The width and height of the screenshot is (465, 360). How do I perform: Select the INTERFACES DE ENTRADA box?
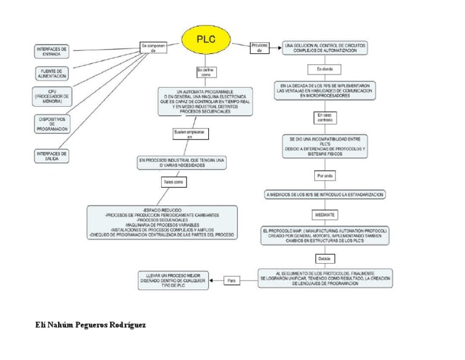(x=52, y=51)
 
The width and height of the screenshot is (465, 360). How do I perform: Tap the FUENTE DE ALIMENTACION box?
(x=51, y=73)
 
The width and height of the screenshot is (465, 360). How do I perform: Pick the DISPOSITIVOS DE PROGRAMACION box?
(x=52, y=124)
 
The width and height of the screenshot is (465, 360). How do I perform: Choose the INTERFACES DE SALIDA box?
(x=52, y=156)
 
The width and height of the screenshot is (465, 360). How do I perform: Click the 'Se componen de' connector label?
(x=152, y=48)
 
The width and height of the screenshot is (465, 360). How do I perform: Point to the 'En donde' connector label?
(x=320, y=69)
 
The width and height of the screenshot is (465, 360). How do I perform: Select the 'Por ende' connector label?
(x=325, y=176)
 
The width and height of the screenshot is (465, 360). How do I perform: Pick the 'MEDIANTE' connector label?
(x=325, y=215)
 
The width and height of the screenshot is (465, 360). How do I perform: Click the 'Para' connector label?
(x=232, y=281)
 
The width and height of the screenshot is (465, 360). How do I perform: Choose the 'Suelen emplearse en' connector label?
(x=190, y=134)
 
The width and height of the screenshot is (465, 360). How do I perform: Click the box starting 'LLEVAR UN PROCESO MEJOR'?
(x=173, y=280)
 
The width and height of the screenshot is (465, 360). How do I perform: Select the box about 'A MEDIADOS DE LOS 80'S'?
(x=326, y=195)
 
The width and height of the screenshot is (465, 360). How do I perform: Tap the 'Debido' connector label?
(x=326, y=258)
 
